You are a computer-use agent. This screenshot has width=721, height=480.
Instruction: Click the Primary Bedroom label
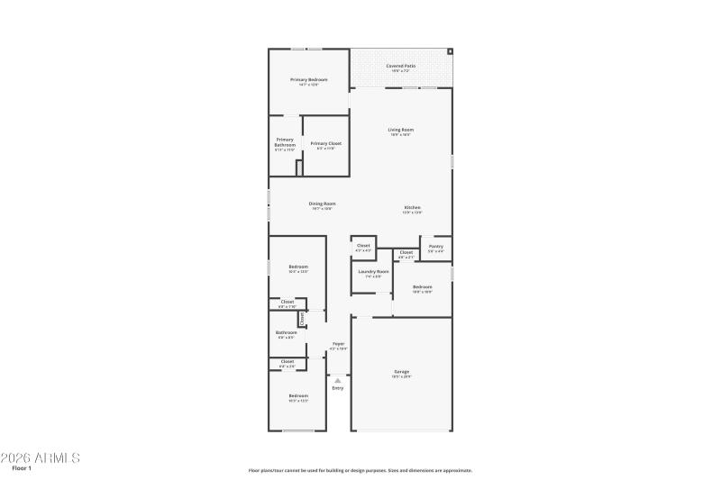tap(308, 80)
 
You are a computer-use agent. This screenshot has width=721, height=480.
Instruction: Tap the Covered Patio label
tap(401, 66)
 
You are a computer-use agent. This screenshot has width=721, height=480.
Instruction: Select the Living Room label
tap(400, 130)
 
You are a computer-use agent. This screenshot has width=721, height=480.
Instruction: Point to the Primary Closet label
tap(325, 144)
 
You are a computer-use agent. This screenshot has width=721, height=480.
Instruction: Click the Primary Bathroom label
tap(285, 142)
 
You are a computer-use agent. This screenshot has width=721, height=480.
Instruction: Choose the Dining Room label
tap(322, 204)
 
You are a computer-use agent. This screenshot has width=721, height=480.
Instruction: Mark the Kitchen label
tap(412, 209)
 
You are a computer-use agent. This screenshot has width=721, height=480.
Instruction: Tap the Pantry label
tap(436, 246)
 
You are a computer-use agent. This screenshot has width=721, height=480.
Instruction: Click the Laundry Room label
tap(373, 271)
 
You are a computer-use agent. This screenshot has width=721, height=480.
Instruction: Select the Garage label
tap(401, 371)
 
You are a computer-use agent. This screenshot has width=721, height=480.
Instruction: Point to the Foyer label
tap(338, 343)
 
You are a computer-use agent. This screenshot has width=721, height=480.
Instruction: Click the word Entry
tap(338, 388)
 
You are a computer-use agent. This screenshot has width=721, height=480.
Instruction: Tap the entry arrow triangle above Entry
tap(338, 380)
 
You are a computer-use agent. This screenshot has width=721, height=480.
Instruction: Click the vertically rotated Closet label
tap(302, 318)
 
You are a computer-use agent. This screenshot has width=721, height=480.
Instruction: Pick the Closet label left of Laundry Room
tap(363, 245)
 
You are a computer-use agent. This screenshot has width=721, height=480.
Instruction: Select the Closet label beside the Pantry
tap(406, 252)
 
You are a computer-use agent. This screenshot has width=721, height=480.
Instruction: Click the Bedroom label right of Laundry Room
tap(422, 287)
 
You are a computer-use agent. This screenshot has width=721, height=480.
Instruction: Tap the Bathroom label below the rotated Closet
tap(286, 332)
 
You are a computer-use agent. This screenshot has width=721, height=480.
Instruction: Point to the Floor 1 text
tap(22, 468)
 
